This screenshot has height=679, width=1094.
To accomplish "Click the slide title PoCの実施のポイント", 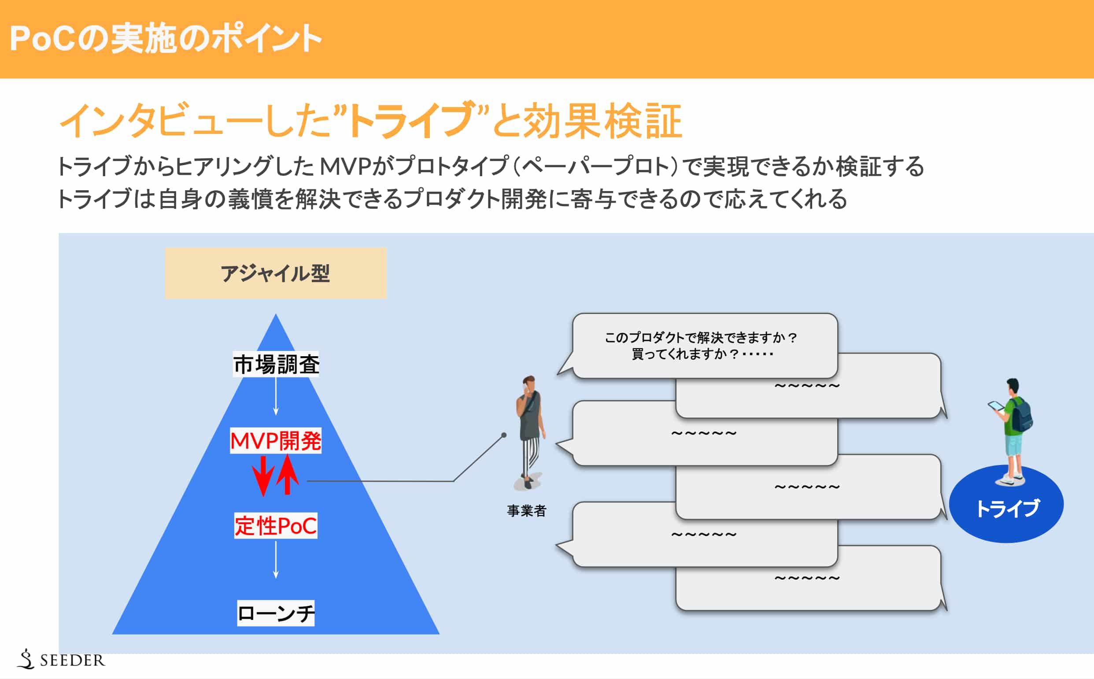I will click(x=165, y=39).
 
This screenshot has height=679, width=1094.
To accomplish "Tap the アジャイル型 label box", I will click(x=275, y=273).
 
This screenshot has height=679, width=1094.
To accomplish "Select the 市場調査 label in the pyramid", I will click(x=276, y=364).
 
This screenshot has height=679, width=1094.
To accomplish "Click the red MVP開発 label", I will click(x=275, y=440).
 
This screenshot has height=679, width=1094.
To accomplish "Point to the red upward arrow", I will click(x=288, y=474).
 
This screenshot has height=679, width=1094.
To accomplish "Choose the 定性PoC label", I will click(x=275, y=525).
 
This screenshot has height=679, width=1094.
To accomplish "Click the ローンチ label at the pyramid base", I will click(x=275, y=613).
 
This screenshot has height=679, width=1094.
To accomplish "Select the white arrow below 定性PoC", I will click(x=276, y=560).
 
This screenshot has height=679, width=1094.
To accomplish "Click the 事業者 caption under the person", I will click(x=526, y=511).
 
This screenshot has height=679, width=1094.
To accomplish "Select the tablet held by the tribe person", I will click(x=996, y=406).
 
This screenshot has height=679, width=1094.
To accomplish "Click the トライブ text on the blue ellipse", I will click(x=1007, y=508).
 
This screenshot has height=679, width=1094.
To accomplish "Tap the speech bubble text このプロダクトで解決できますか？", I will click(x=701, y=337).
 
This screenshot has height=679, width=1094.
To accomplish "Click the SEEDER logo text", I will click(x=72, y=660).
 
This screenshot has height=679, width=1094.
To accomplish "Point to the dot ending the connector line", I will click(x=504, y=435).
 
